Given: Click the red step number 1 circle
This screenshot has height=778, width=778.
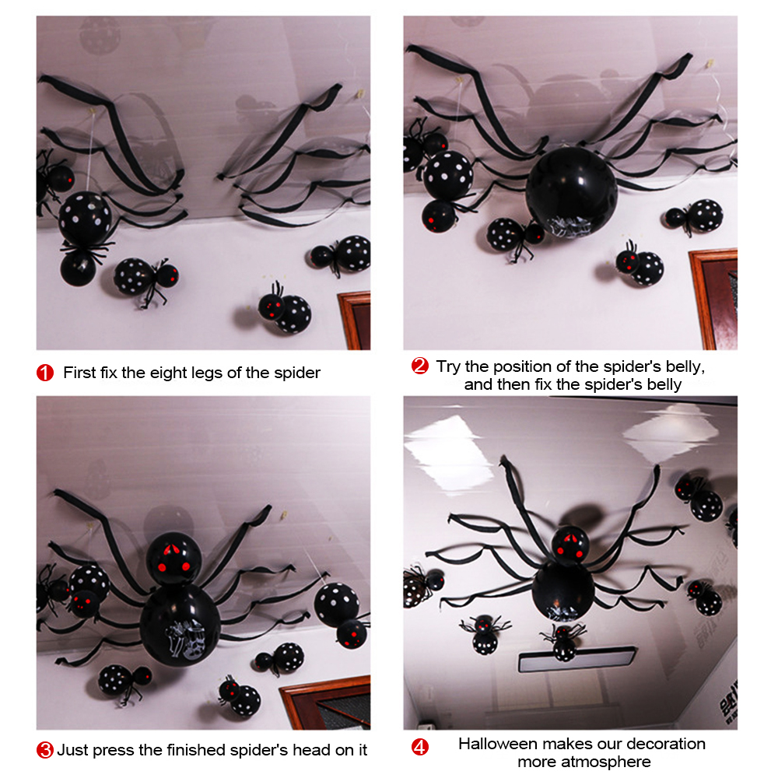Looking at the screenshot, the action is coord(45,373).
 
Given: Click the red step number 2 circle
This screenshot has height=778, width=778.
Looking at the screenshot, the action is coord(420,366).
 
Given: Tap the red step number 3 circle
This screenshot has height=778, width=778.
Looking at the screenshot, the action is coord(45,750).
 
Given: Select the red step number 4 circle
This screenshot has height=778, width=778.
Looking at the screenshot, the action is coord(420,747).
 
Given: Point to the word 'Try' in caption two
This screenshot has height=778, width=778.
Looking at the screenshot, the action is coord(449,366).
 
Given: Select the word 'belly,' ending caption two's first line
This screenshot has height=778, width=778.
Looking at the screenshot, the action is coord(685,366).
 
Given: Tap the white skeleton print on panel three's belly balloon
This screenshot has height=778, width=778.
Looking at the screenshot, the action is coord(186,640).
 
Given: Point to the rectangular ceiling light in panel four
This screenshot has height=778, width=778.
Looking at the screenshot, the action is coord(577,660).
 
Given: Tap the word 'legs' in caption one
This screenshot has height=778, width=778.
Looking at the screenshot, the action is coord(207,373).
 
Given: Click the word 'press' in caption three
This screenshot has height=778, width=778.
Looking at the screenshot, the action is coord(114,751).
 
